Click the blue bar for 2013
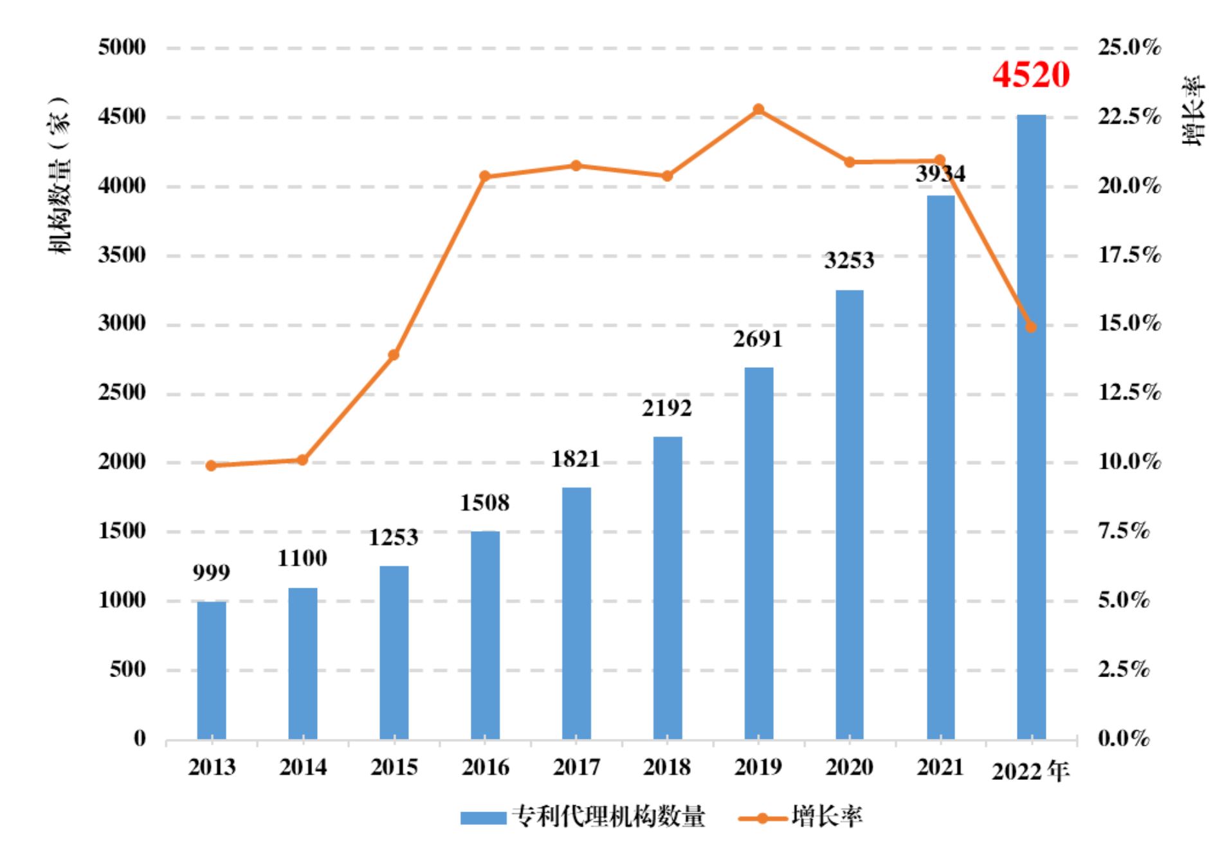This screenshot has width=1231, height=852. tap(211, 670)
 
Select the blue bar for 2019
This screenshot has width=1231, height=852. tap(758, 553)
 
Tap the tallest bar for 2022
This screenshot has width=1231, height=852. tap(1031, 427)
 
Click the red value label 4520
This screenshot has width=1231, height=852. tap(1030, 75)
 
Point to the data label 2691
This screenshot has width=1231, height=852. tap(758, 339)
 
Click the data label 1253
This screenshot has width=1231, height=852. tap(393, 537)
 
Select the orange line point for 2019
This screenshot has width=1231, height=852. tap(758, 109)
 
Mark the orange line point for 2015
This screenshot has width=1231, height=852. tap(394, 355)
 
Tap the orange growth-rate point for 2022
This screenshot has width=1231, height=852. tap(1031, 327)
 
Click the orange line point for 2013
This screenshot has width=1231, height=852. tap(211, 466)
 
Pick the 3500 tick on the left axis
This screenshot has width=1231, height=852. tap(122, 255)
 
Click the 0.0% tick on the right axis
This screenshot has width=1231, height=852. tap(1123, 739)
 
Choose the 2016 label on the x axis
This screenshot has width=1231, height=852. tap(485, 767)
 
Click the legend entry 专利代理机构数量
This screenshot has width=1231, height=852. tap(583, 817)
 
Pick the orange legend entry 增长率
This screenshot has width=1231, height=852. tap(800, 817)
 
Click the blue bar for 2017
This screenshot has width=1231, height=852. tap(576, 613)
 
